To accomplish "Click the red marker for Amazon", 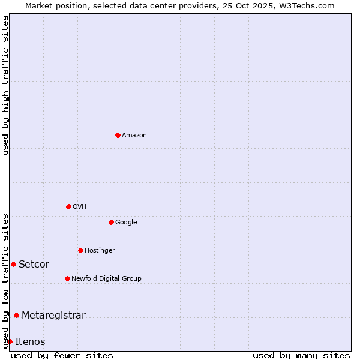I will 118,135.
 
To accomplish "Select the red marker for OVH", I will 68,206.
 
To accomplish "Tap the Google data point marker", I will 111,222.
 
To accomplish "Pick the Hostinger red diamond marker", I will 80,250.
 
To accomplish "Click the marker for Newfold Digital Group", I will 67,278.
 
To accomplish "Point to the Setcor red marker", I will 13,264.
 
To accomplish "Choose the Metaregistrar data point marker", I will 16,315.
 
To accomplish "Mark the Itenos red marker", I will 10,341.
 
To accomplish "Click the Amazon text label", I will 134,136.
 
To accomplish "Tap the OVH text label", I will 80,207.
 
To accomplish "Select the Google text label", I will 126,223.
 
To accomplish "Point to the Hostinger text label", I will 100,251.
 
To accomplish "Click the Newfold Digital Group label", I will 106,279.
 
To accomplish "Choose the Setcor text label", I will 34,265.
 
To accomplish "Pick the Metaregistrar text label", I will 53,316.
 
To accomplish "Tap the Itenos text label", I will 30,342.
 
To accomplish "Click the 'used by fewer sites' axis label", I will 62,355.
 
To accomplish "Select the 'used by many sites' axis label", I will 301,355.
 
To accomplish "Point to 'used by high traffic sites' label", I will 5,85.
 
